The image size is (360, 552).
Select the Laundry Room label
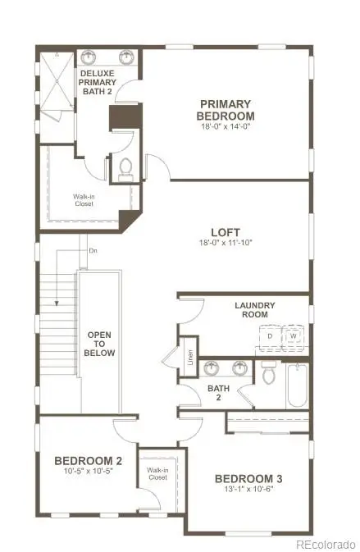255,310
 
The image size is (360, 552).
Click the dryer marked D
270,336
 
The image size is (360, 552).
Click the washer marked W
293,336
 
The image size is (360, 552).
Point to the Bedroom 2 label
89,460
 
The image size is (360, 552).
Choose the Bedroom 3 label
248,478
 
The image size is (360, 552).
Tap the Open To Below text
101,344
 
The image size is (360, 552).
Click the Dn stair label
93,251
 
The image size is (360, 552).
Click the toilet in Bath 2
269,374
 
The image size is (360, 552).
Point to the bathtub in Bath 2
296,385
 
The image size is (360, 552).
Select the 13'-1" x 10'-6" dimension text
248,491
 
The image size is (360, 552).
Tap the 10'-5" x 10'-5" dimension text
89,473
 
